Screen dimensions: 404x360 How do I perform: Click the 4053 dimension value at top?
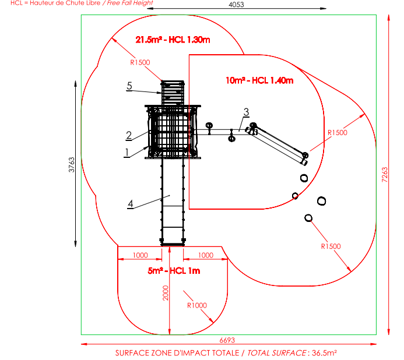(x=236, y=5)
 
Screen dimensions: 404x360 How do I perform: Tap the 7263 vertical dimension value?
(x=384, y=175)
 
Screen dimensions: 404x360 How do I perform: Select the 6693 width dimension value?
(x=227, y=340)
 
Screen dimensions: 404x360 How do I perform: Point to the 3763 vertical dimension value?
(x=71, y=164)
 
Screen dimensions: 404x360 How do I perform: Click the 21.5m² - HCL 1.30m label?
(x=173, y=40)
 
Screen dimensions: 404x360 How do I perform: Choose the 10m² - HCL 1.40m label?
(x=259, y=80)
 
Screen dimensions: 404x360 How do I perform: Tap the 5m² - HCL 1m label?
(x=174, y=271)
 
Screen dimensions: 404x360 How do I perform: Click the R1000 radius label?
(x=197, y=305)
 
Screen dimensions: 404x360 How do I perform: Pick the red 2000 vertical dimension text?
(x=166, y=293)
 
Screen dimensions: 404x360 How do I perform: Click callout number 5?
(x=129, y=86)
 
